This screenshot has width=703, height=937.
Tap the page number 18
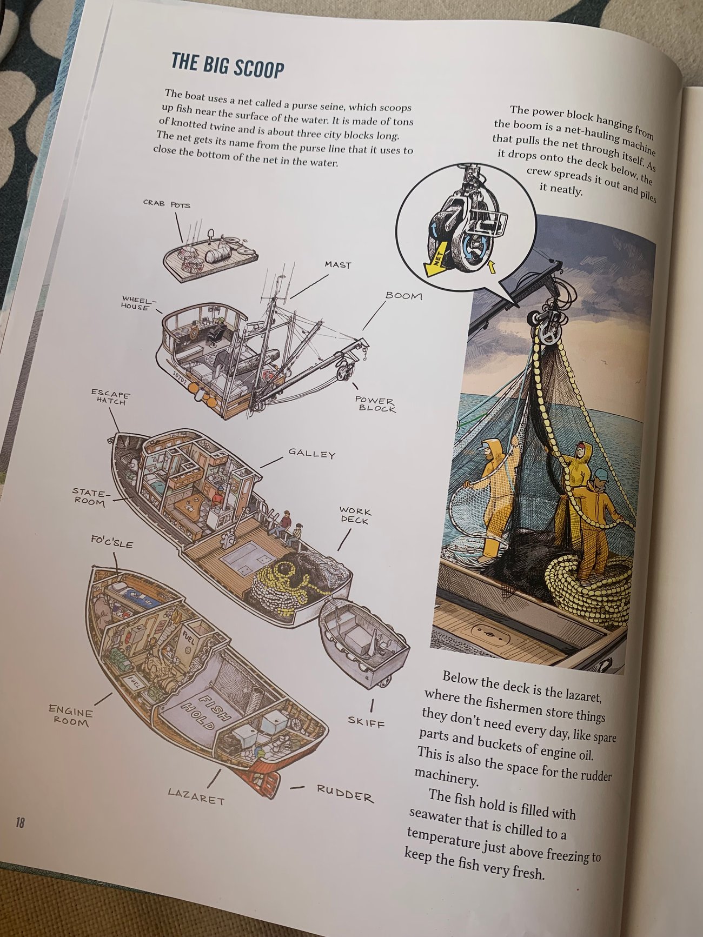(20, 823)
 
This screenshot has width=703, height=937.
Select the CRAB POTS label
(167, 204)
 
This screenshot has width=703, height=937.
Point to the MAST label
(338, 265)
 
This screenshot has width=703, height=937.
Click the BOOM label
(404, 296)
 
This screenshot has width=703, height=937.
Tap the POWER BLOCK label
(375, 404)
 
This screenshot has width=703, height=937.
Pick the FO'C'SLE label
(112, 542)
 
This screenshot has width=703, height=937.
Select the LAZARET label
(196, 796)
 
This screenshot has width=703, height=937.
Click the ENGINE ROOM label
(70, 715)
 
